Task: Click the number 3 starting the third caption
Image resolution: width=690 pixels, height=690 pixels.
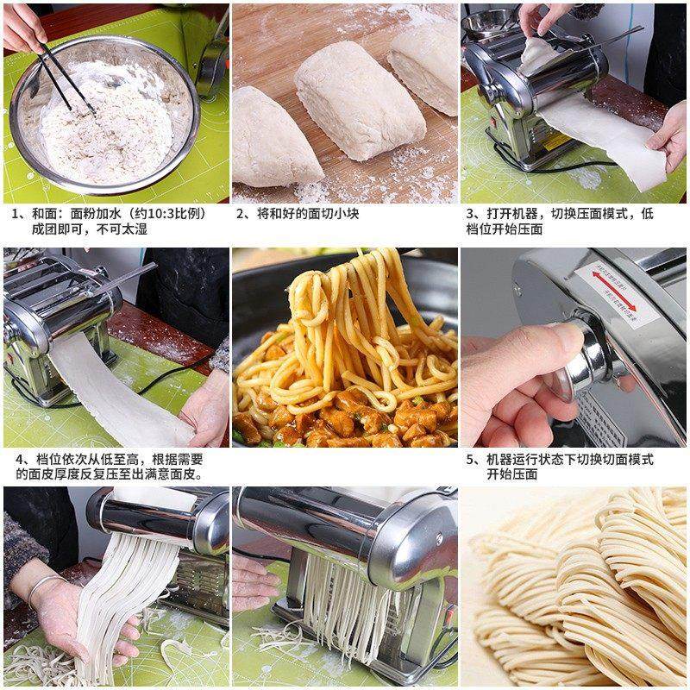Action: point(471,214)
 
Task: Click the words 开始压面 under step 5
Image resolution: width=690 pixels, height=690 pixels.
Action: point(512,474)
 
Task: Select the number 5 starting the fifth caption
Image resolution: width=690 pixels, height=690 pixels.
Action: point(471,459)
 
